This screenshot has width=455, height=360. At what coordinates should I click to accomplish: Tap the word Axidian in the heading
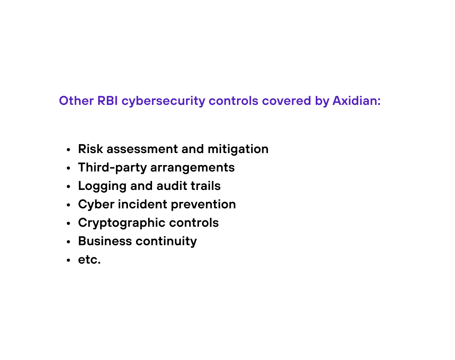(x=356, y=101)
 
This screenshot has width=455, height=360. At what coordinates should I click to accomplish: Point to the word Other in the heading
(x=76, y=101)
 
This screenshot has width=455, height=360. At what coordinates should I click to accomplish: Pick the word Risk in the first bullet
(x=90, y=149)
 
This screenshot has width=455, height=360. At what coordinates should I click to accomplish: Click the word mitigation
(x=238, y=149)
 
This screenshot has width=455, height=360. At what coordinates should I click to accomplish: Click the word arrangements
(x=192, y=168)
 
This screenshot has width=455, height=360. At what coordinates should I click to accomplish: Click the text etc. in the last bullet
(x=89, y=260)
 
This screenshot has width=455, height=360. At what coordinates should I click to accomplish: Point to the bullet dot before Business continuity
(x=69, y=242)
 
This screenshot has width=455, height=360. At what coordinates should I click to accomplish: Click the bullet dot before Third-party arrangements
(x=69, y=168)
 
